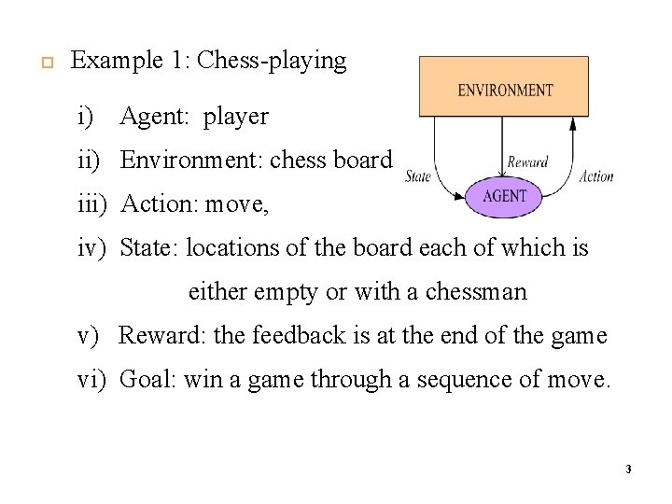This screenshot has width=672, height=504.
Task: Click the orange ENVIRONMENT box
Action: (504, 87)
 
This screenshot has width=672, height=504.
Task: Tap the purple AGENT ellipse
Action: (505, 197)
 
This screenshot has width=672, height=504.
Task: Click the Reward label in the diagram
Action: (527, 161)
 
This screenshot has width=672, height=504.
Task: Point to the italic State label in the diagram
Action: (418, 175)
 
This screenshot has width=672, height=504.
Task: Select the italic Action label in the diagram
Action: (596, 175)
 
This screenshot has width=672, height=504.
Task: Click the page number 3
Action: (628, 469)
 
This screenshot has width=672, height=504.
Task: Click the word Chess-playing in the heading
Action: (273, 62)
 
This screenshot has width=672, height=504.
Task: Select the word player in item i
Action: (236, 117)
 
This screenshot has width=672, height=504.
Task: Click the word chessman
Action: (476, 292)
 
